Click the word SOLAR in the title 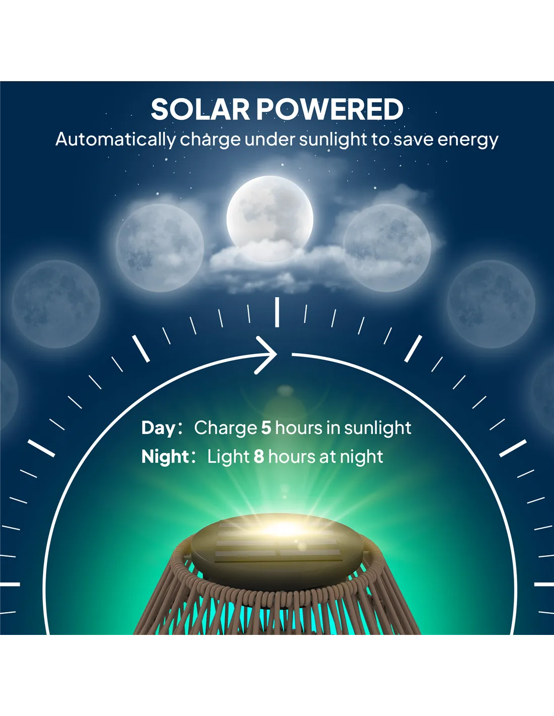click(x=200, y=110)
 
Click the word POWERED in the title click(x=330, y=110)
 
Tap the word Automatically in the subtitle click(x=116, y=139)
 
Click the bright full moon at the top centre click(x=269, y=219)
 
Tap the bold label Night click(x=165, y=457)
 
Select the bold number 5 click(x=266, y=427)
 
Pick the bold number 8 click(x=259, y=457)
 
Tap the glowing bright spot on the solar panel click(x=284, y=528)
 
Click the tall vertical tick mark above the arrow click(x=277, y=312)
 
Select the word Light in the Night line click(x=228, y=457)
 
